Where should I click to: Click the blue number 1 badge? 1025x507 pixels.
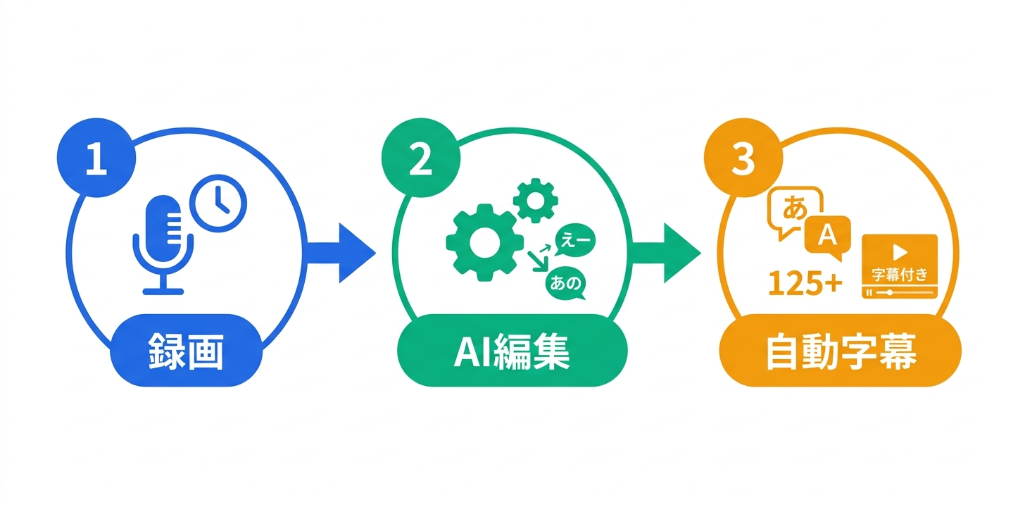[x=95, y=160]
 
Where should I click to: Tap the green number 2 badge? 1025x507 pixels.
[x=420, y=160]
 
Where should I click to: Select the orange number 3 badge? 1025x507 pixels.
[x=743, y=160]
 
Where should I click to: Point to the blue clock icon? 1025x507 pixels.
[x=220, y=202]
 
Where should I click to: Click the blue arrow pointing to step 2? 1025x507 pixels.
[x=343, y=252]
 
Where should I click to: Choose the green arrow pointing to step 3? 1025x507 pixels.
[x=667, y=252]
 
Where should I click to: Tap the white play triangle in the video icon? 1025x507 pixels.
[x=899, y=251]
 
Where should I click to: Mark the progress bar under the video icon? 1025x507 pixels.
[x=900, y=292]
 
